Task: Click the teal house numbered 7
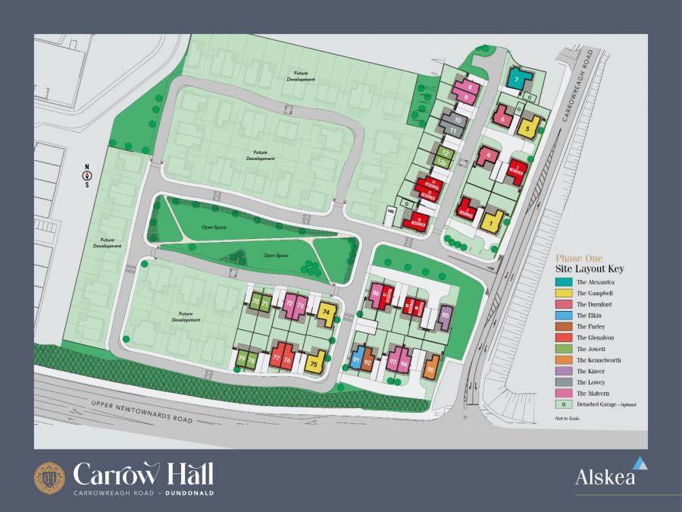[517, 79]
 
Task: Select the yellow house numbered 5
[528, 127]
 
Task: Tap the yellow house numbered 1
[492, 222]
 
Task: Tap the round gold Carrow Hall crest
[50, 476]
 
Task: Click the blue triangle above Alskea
[640, 463]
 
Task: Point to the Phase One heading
[578, 257]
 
